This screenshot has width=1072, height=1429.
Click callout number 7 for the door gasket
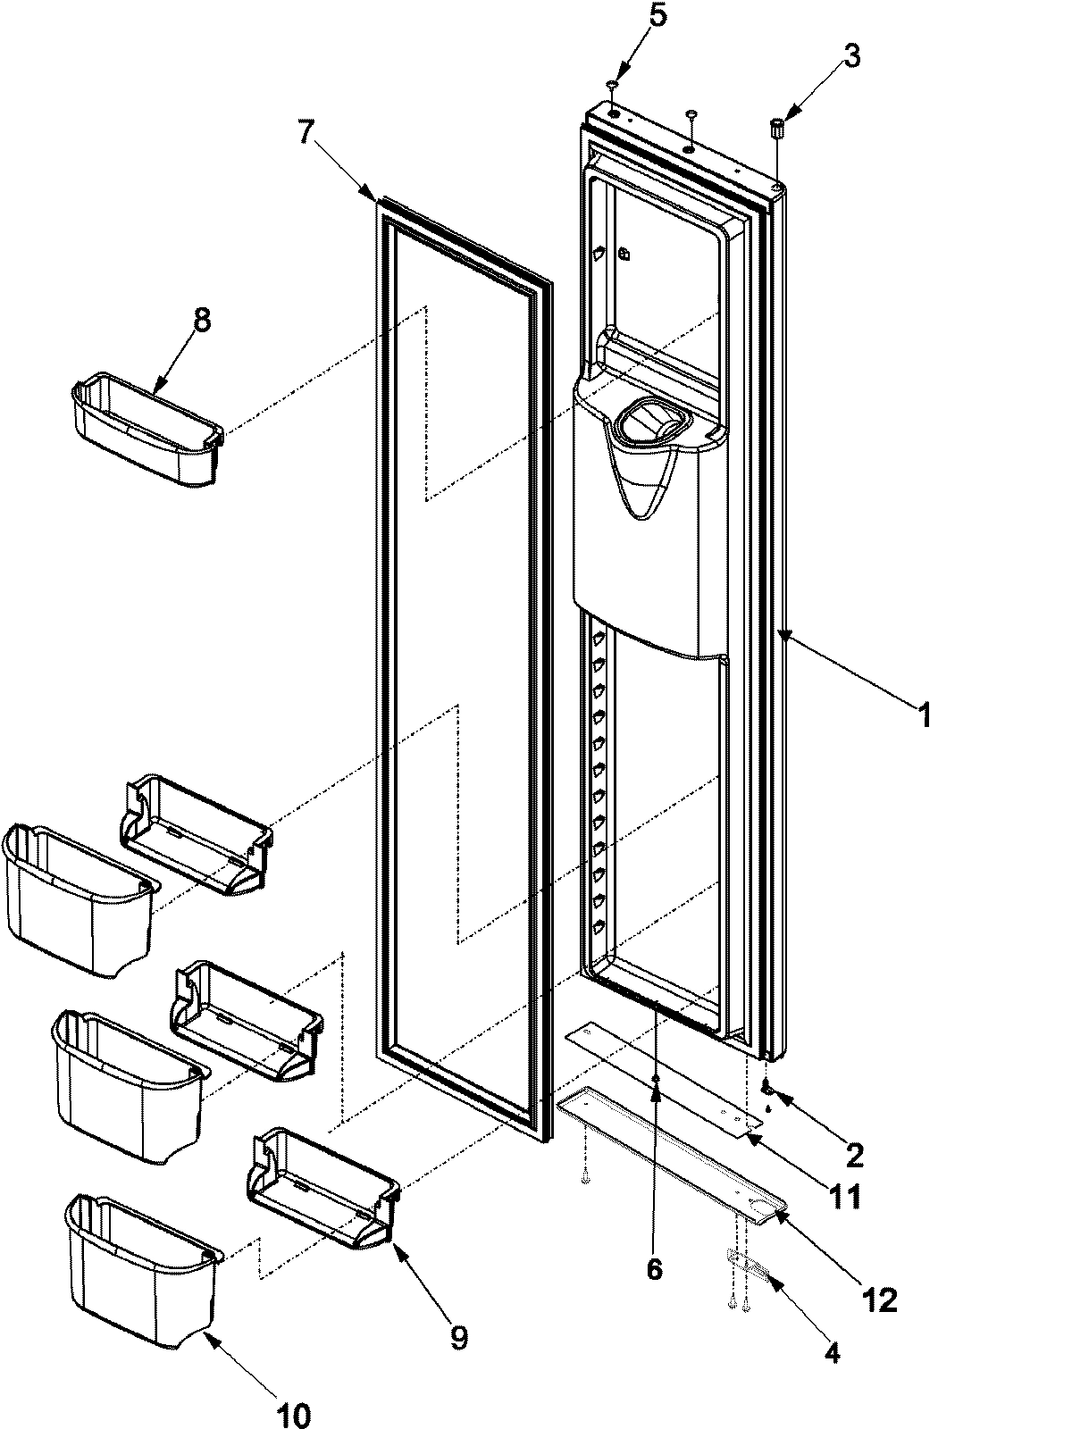tap(306, 132)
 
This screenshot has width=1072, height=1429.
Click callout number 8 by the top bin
tap(202, 321)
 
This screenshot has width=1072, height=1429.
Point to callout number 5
tap(657, 18)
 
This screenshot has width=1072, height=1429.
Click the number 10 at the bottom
tap(294, 1415)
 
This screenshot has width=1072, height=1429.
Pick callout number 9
tap(457, 1336)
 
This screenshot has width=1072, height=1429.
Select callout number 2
tap(854, 1155)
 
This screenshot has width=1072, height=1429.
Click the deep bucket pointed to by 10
tap(143, 1259)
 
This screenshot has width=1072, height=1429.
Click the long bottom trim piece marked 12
tap(670, 1152)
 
